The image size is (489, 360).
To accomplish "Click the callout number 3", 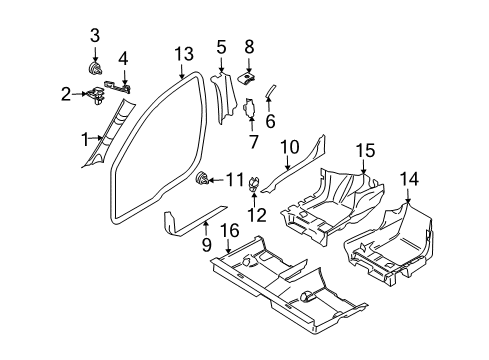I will (x=96, y=37).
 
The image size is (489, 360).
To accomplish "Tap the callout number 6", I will (x=270, y=121).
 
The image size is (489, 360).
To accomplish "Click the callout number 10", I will (x=289, y=147).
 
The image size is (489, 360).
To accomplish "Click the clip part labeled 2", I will (x=97, y=96).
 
